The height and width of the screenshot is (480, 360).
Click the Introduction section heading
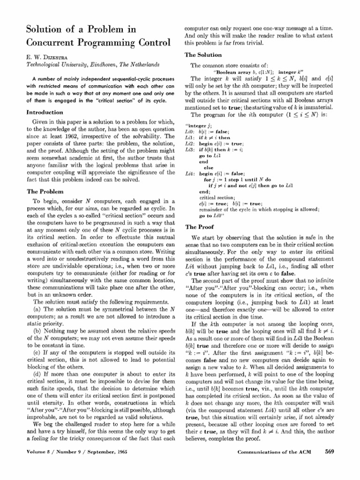[45, 112]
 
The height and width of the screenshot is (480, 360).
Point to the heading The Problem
[47, 191]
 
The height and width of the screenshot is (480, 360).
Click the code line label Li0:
[191, 133]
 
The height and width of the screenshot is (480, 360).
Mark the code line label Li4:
[191, 173]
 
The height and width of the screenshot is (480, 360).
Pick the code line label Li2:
[191, 144]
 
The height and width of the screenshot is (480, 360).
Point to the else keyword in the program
[208, 167]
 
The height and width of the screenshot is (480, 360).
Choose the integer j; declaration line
[199, 127]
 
